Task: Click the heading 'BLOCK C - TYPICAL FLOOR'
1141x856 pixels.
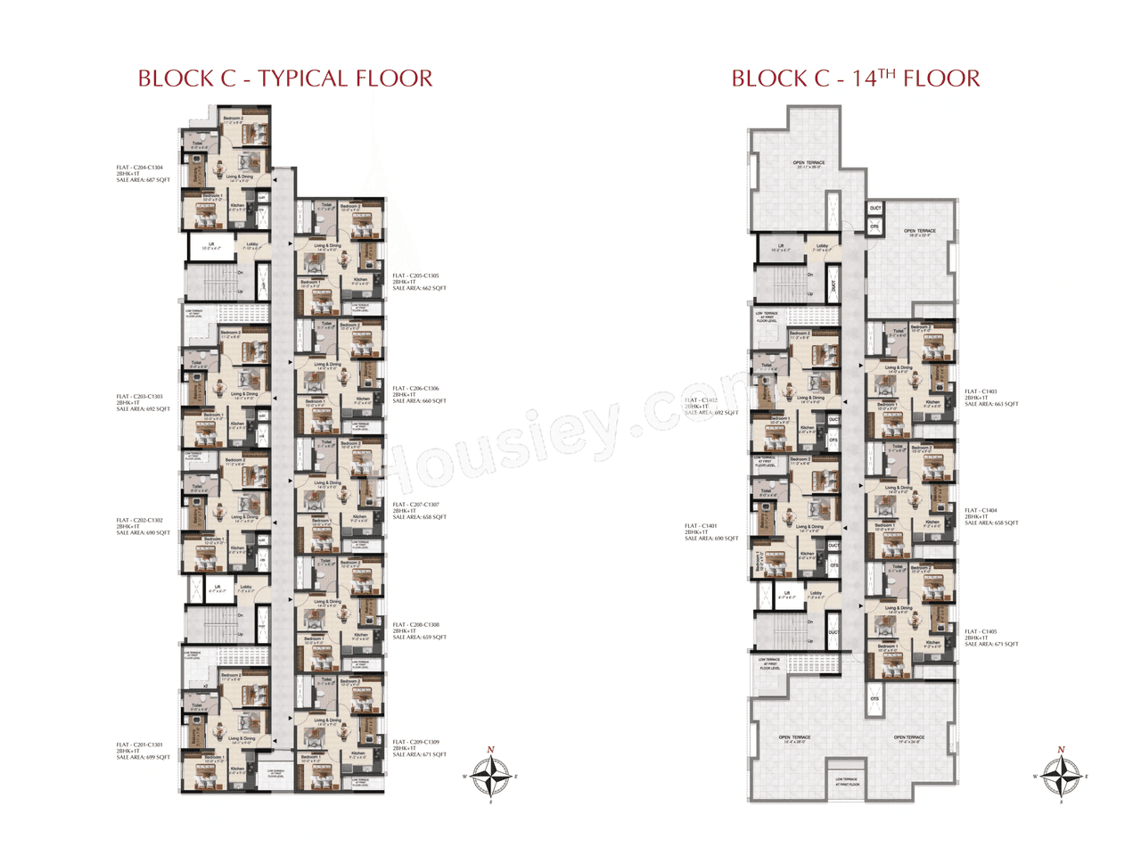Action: pyautogui.click(x=285, y=78)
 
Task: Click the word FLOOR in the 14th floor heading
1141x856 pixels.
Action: pyautogui.click(x=941, y=78)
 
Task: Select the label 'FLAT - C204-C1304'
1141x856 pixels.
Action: pyautogui.click(x=140, y=168)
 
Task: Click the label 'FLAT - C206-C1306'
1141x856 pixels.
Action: pyautogui.click(x=416, y=389)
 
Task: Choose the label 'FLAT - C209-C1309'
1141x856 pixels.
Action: pyautogui.click(x=416, y=742)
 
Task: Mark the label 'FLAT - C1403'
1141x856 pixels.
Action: pyautogui.click(x=981, y=391)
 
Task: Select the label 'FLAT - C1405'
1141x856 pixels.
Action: pyautogui.click(x=981, y=631)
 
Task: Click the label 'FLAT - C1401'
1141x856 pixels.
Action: pyautogui.click(x=701, y=526)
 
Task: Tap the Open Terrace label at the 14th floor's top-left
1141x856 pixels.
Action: pyautogui.click(x=809, y=163)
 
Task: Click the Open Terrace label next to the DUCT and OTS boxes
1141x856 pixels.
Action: pyautogui.click(x=920, y=232)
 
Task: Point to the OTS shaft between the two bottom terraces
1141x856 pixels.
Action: pyautogui.click(x=874, y=699)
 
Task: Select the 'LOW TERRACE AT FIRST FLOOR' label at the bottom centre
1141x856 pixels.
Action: pyautogui.click(x=847, y=781)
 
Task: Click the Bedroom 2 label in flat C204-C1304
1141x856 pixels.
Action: pyautogui.click(x=233, y=119)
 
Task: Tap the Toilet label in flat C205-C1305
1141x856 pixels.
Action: pyautogui.click(x=326, y=204)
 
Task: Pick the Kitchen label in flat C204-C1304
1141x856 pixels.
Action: pyautogui.click(x=237, y=206)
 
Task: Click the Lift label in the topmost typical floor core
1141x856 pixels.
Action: pyautogui.click(x=211, y=244)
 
